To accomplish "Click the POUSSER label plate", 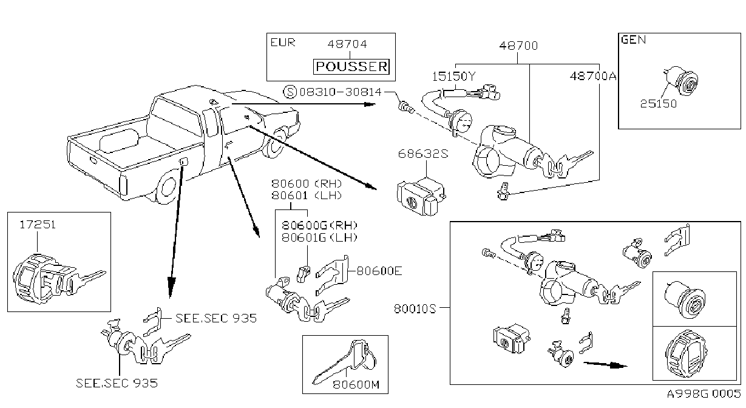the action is (351, 67).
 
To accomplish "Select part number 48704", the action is (347, 44).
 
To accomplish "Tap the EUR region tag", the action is (283, 42).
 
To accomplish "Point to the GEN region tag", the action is (634, 39).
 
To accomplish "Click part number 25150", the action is (659, 104).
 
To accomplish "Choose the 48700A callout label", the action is (593, 76).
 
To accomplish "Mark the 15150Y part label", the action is (453, 76).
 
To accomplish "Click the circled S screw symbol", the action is (290, 92).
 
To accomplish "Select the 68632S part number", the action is (423, 154).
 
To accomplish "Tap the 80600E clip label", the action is (379, 271).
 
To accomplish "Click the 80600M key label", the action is (356, 385).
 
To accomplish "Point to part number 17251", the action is (38, 225).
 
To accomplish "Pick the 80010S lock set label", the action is (415, 309).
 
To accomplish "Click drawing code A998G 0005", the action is (704, 393).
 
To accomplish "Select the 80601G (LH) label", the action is (319, 237).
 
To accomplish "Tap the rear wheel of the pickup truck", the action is (168, 188).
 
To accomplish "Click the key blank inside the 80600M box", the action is (344, 361).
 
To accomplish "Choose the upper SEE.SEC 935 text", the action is (216, 318).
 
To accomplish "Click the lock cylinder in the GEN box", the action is (681, 81).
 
